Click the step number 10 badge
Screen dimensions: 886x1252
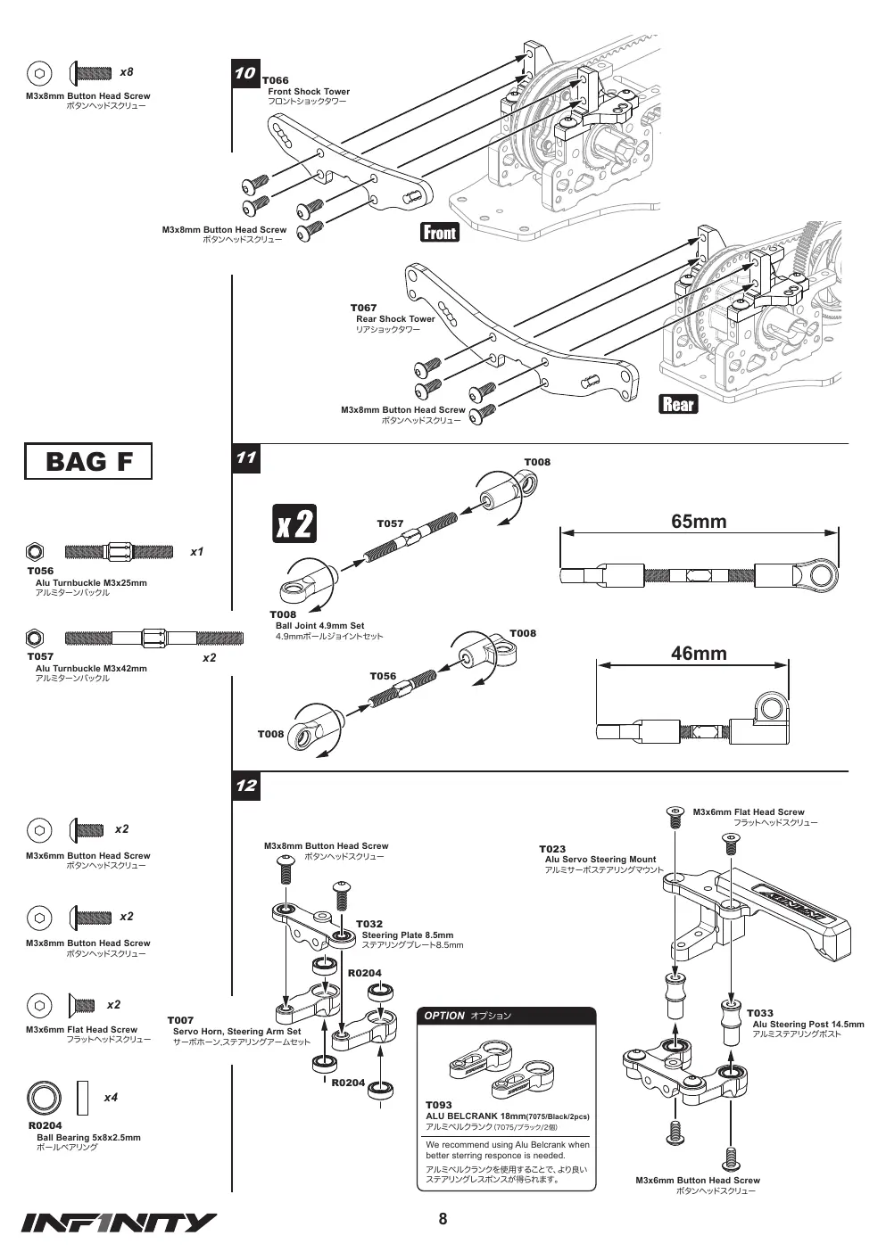coord(245,74)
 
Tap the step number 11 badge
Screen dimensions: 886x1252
coord(245,458)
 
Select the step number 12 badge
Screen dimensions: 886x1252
coord(245,786)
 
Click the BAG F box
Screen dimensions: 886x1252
coord(88,461)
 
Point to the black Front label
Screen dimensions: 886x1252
coord(440,232)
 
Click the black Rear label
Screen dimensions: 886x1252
coord(678,404)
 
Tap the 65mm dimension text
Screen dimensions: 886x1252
coord(699,521)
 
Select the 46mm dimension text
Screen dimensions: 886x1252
coord(699,653)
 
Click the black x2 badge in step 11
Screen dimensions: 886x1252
coord(294,523)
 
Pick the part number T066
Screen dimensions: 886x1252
coord(275,80)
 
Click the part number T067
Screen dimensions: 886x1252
coord(363,308)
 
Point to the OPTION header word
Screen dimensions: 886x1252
coord(444,1016)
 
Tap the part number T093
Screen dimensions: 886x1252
coord(438,1105)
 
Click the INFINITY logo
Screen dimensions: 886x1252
coord(119,1223)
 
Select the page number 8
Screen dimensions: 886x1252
coord(443,1219)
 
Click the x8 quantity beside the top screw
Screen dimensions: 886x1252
coord(127,72)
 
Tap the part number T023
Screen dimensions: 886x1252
coord(552,849)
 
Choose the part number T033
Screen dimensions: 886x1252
coord(760,1013)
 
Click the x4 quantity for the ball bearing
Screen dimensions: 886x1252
coord(111,1098)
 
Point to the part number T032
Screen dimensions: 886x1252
coord(369,924)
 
